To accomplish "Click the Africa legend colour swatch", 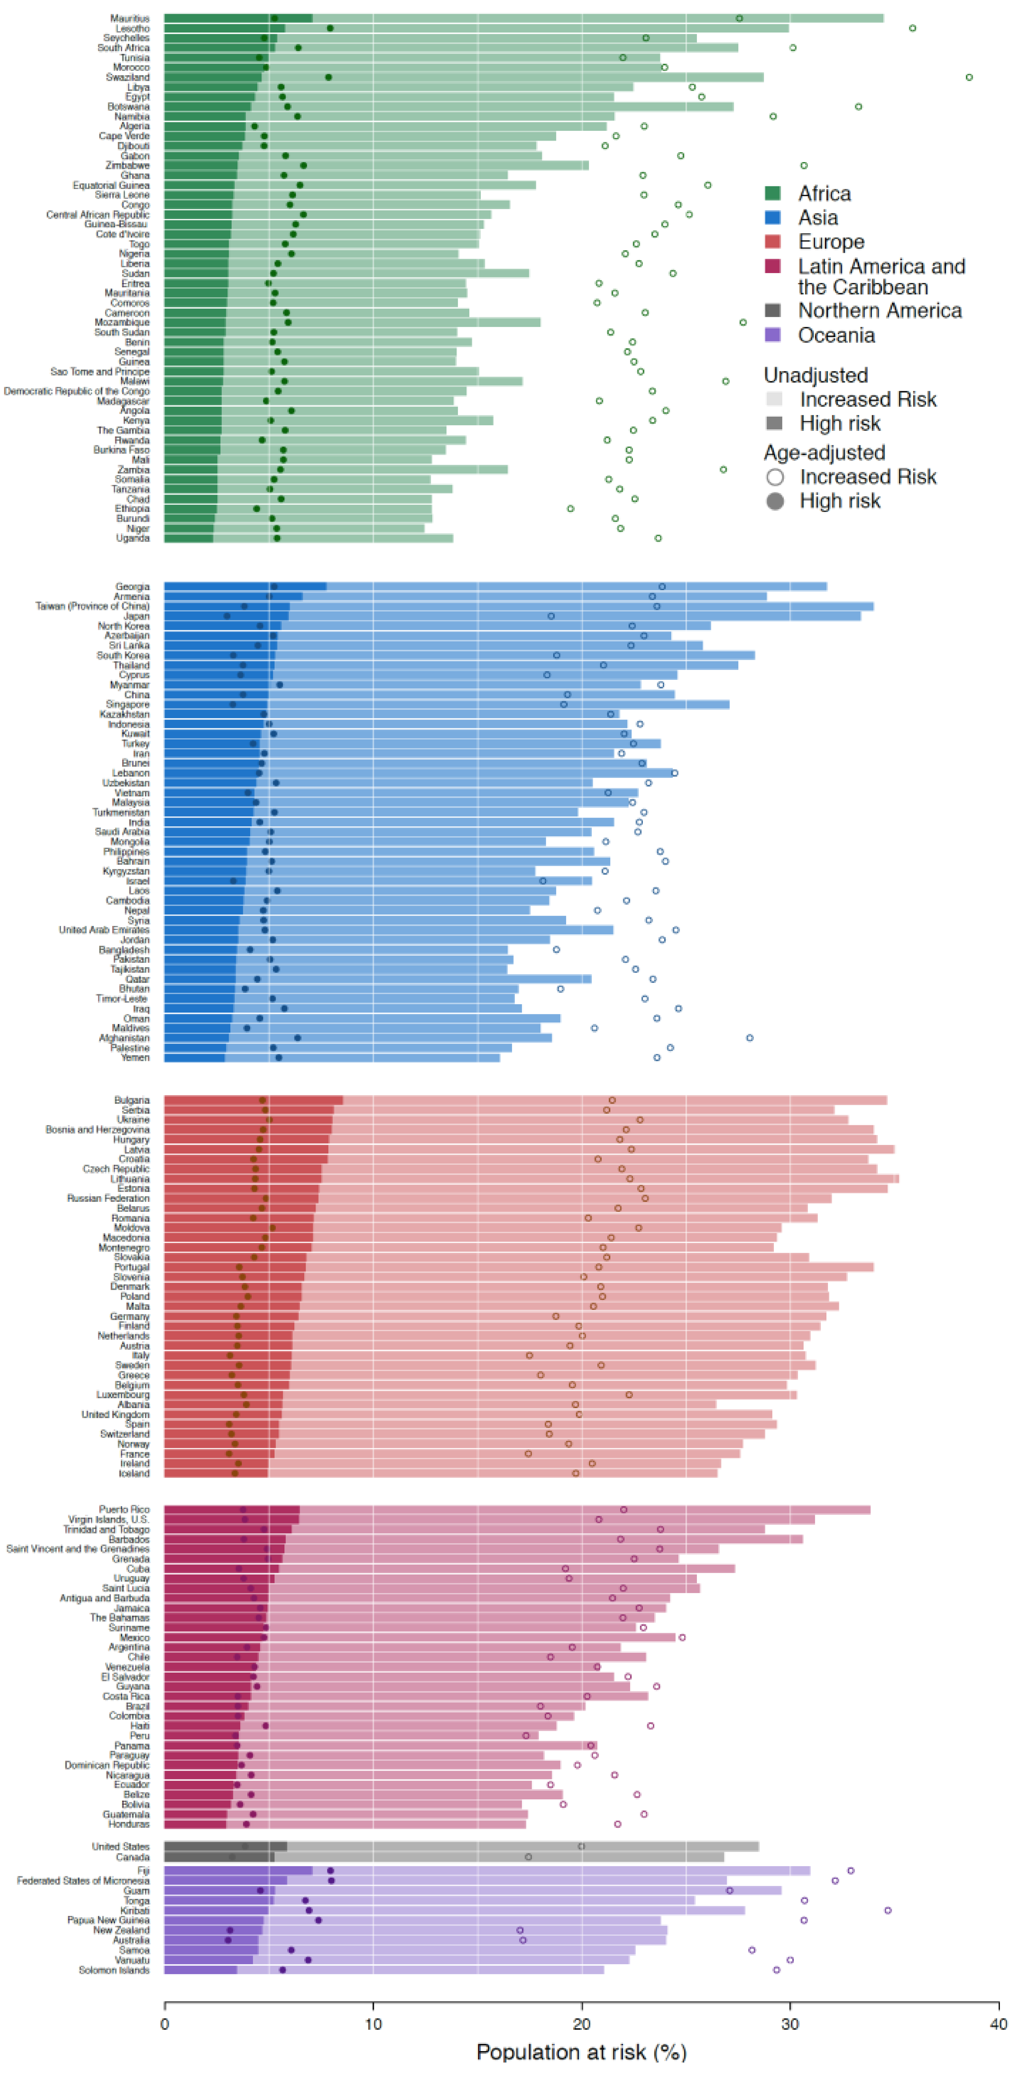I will coord(772,193).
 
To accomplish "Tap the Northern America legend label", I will coord(879,310).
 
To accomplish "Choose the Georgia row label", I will coord(132,586).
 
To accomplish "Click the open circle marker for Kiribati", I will coord(887,1910).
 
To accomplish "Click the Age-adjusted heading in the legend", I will coord(824,452).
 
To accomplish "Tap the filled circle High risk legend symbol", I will coord(775,501).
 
